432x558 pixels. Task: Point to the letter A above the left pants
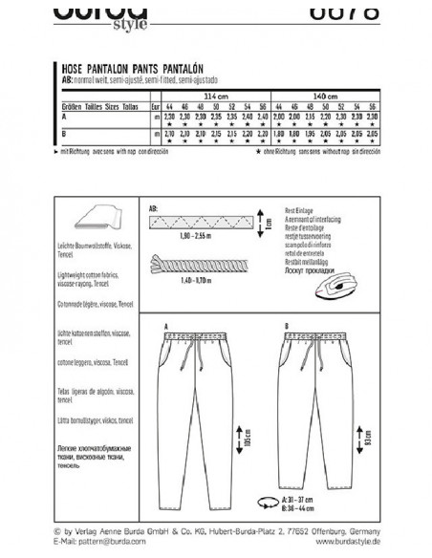tap(168, 324)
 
